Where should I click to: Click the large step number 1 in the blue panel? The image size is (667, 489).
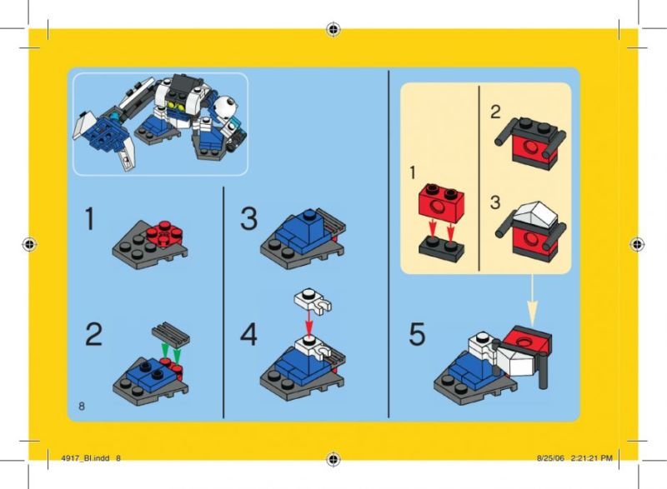(x=90, y=218)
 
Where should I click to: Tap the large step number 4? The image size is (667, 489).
(x=248, y=334)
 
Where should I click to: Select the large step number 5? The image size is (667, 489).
(x=417, y=334)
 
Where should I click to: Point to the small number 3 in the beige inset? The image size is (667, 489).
(x=494, y=202)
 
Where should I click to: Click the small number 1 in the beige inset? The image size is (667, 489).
(x=412, y=173)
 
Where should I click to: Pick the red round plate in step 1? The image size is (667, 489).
(x=164, y=233)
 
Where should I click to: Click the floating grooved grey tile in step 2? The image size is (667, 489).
(x=171, y=334)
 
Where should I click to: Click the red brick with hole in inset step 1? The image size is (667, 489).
(x=441, y=203)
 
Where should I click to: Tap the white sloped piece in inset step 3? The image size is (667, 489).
(x=535, y=215)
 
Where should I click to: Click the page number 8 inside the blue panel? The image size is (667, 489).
(x=82, y=407)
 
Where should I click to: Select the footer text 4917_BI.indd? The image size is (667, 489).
(x=85, y=458)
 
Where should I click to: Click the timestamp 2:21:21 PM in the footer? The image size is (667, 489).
(x=591, y=458)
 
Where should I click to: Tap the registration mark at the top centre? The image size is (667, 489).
(x=333, y=29)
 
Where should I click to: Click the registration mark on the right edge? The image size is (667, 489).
(x=637, y=244)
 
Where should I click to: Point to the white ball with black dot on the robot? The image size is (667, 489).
(x=224, y=106)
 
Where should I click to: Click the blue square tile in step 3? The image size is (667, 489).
(x=309, y=222)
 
